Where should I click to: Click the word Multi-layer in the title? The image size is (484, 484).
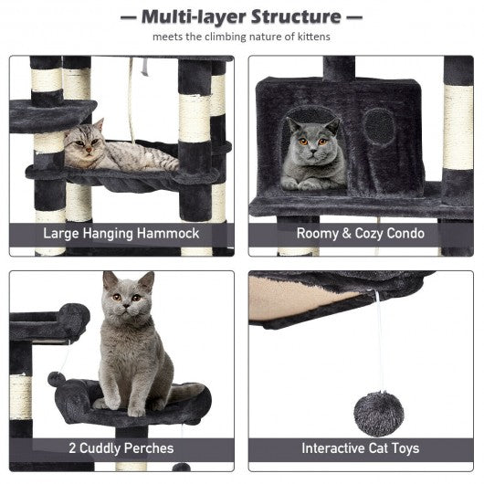click(194, 17)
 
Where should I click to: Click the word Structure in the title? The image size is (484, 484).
click(296, 17)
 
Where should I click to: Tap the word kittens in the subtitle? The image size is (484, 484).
click(313, 37)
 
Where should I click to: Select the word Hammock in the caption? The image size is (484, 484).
click(168, 234)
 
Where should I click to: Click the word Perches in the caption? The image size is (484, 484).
click(149, 448)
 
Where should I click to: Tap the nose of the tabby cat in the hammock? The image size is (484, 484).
click(89, 150)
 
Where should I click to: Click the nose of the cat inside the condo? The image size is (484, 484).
click(313, 151)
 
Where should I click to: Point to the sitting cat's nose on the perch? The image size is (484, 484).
click(127, 306)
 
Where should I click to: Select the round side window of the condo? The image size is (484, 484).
click(379, 127)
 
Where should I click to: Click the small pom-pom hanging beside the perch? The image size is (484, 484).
click(57, 379)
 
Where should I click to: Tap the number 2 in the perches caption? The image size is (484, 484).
click(72, 448)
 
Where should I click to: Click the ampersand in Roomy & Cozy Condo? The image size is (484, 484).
click(346, 234)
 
